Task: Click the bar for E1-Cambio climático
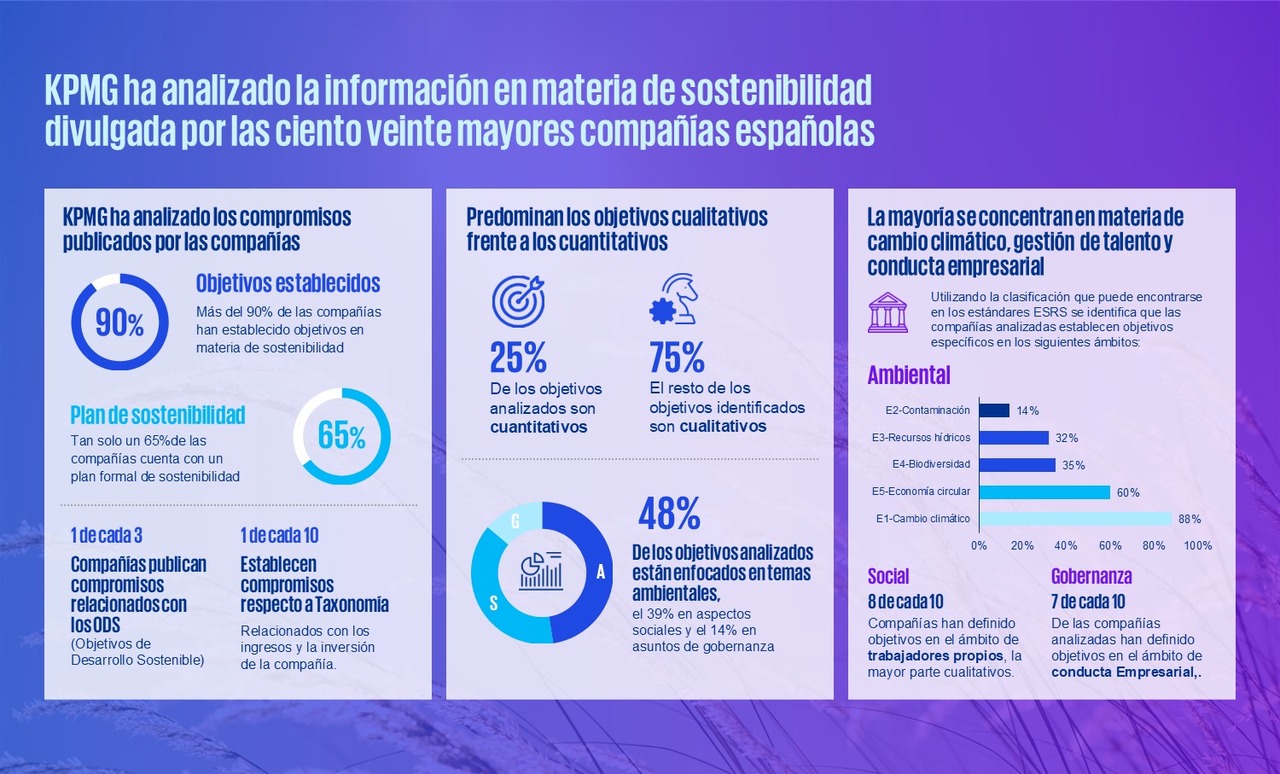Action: click(1075, 519)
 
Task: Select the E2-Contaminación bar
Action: click(994, 410)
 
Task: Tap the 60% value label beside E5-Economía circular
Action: click(1128, 492)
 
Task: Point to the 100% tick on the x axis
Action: click(1197, 545)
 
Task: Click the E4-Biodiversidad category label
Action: click(931, 464)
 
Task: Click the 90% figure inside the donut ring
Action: click(119, 323)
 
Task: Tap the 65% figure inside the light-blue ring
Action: click(341, 436)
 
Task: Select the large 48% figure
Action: click(670, 514)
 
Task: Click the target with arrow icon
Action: click(518, 300)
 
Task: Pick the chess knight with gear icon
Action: click(674, 300)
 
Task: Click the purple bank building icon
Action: click(887, 312)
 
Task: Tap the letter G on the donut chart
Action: click(515, 521)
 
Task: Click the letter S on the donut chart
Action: click(493, 603)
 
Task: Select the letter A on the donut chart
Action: click(600, 573)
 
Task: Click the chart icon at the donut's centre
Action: click(541, 571)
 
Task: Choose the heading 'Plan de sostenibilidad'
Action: click(158, 416)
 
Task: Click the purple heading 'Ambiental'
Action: click(909, 375)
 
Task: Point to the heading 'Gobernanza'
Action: click(1091, 576)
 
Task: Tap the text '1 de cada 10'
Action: click(279, 536)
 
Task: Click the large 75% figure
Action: click(677, 358)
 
